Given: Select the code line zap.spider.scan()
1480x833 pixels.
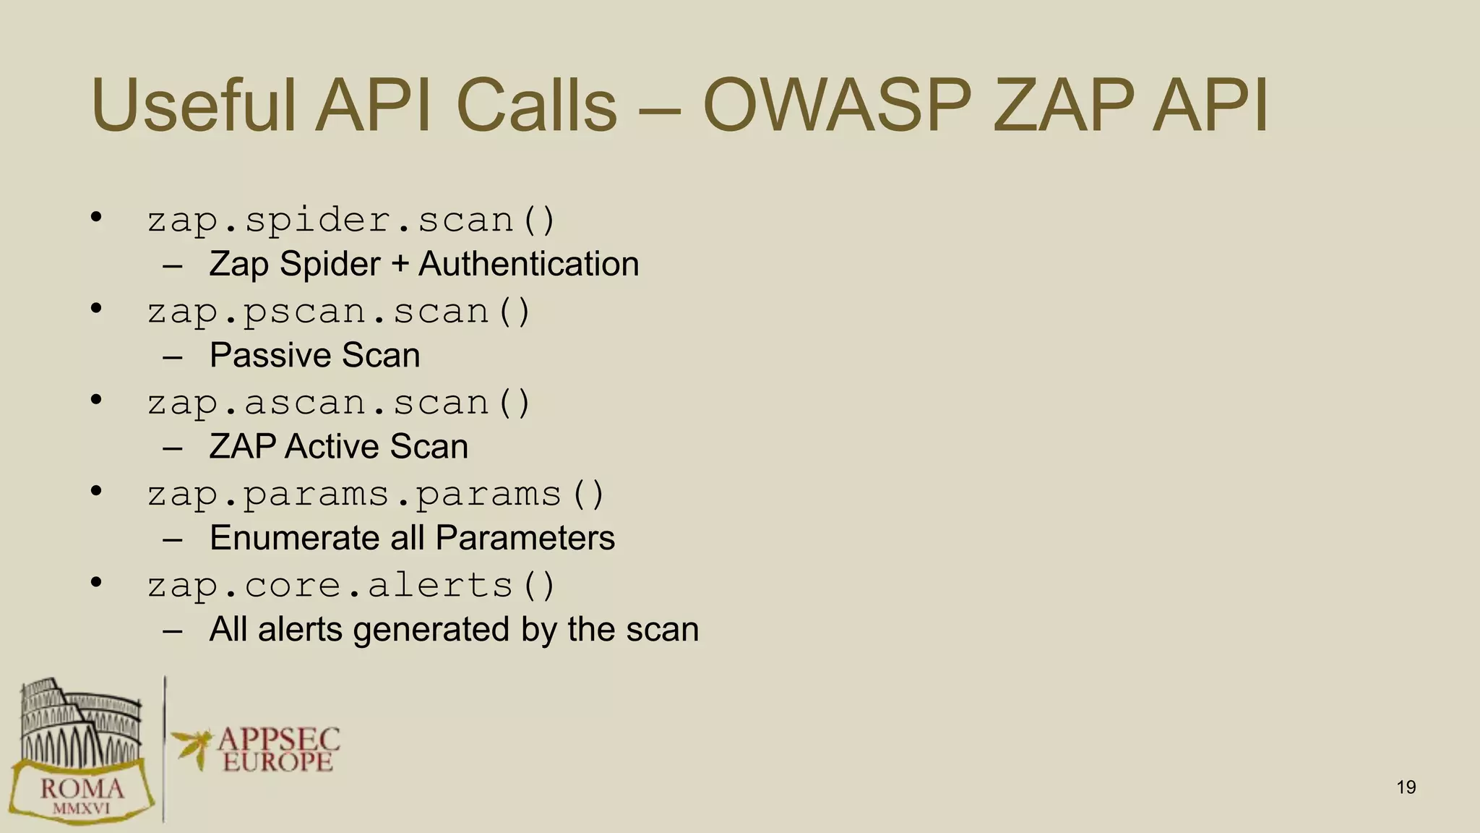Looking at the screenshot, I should coord(351,220).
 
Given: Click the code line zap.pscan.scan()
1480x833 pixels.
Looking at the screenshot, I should coord(339,312).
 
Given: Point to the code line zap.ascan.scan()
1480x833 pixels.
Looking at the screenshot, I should coord(339,403).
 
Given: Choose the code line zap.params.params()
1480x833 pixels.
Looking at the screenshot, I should coord(376,495).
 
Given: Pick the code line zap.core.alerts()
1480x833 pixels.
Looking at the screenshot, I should coord(351,586).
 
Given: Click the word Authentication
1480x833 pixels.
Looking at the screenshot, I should coord(528,264).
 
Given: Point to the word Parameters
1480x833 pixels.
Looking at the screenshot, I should coord(525,538).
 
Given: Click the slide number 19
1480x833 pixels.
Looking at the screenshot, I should coord(1406,787).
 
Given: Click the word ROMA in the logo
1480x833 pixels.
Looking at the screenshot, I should coord(82,788).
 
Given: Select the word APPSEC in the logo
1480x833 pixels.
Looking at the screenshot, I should coord(278,739).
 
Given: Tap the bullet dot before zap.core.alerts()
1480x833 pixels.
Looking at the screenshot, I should coord(96,583).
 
